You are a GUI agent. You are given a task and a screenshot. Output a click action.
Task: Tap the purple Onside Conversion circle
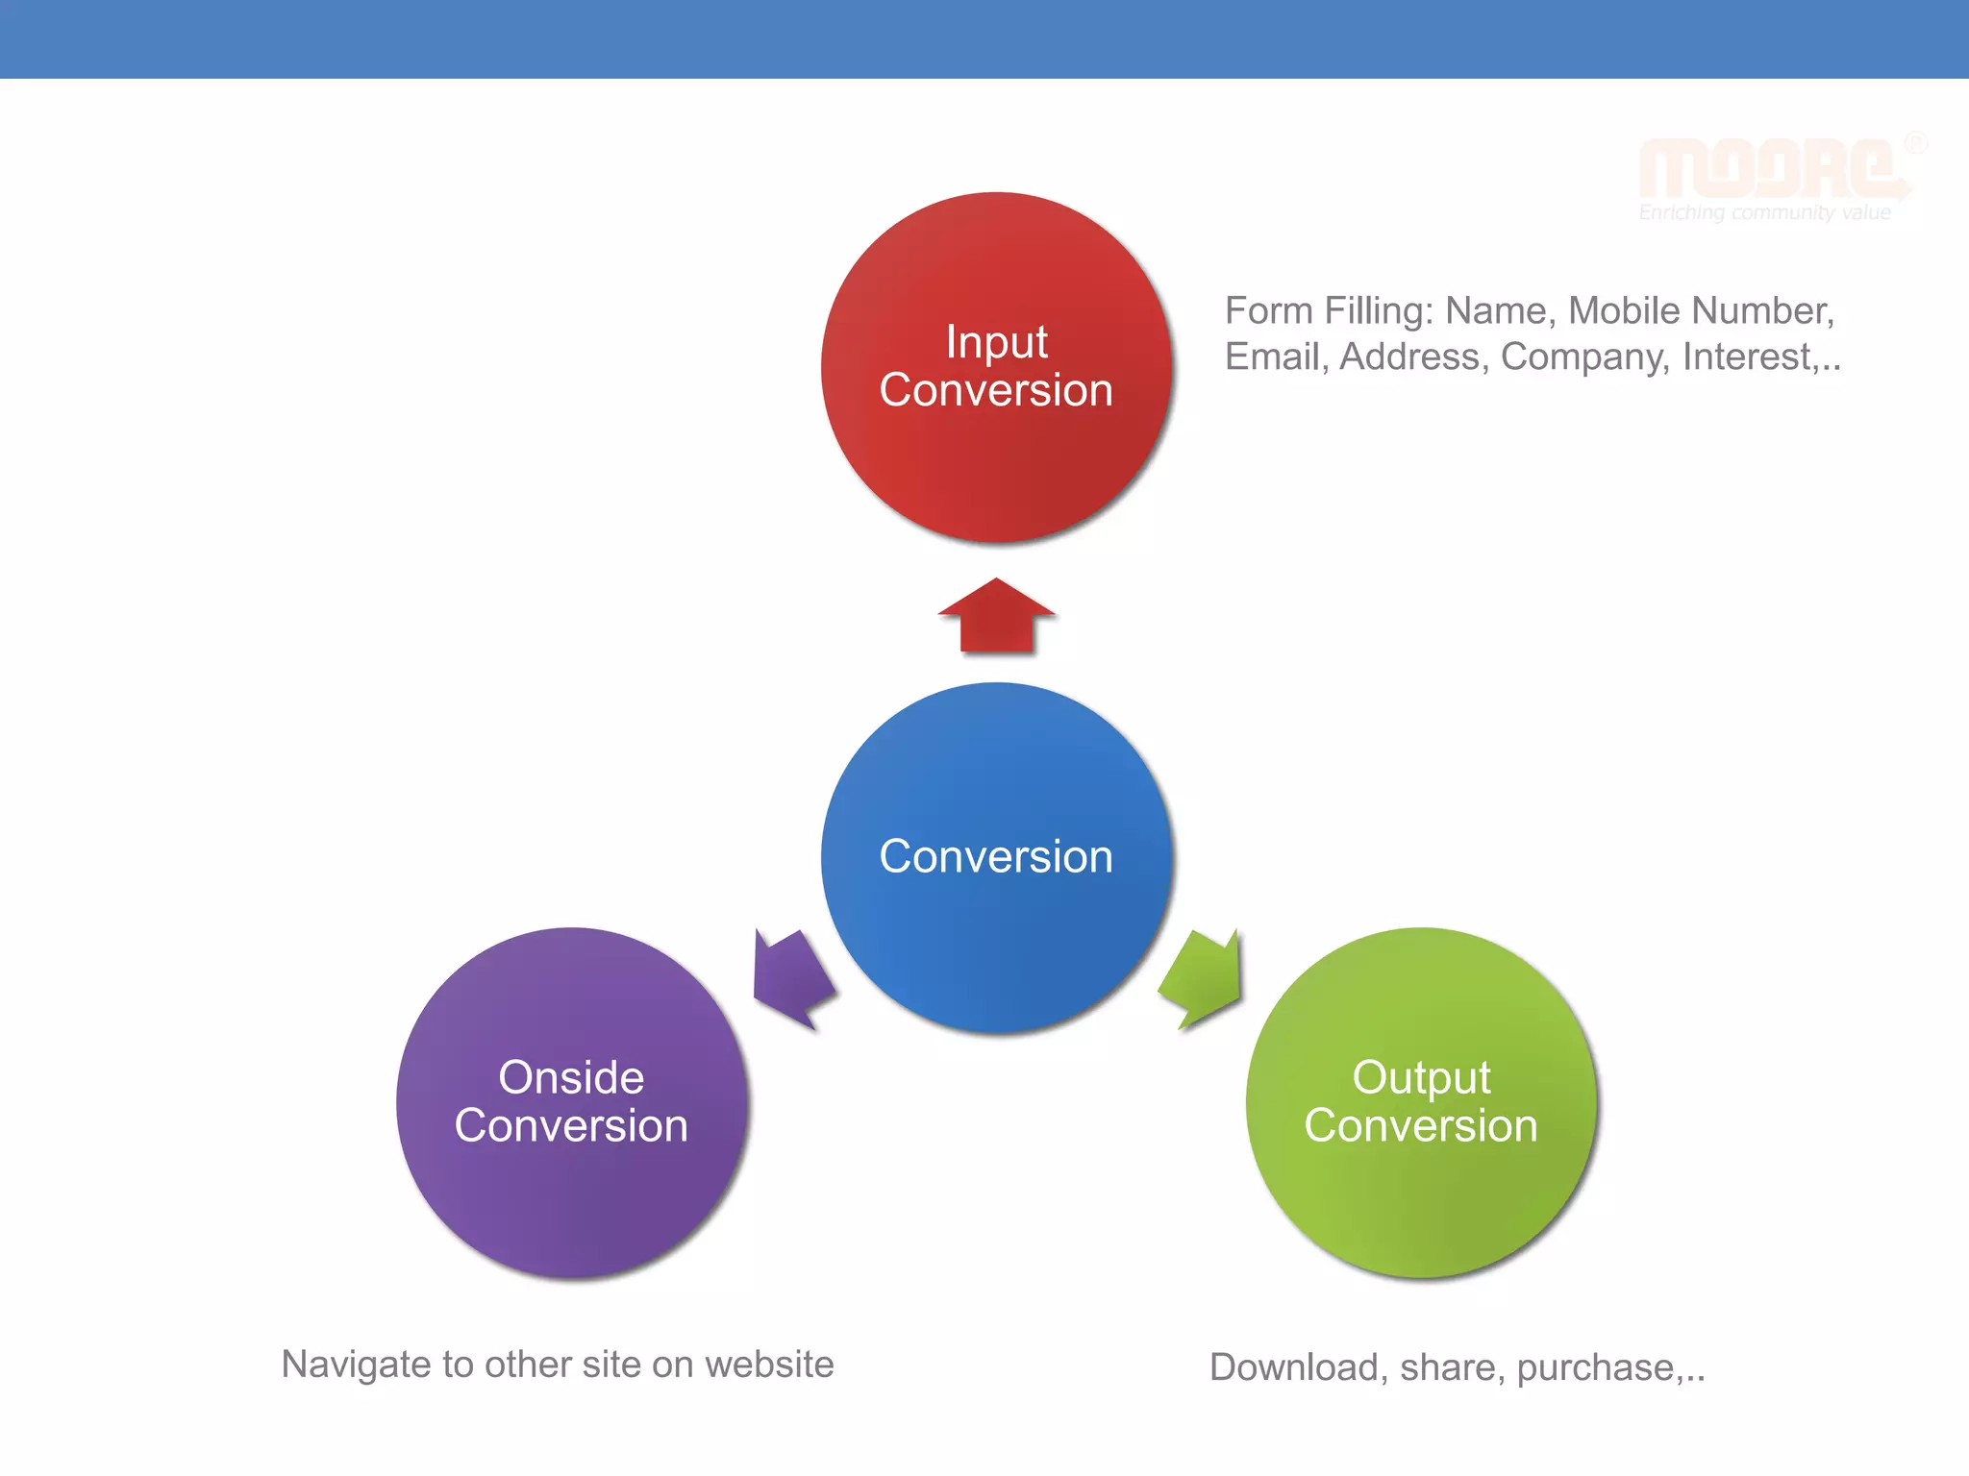click(x=571, y=1201)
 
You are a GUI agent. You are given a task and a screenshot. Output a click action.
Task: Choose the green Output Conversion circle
click(x=1421, y=1201)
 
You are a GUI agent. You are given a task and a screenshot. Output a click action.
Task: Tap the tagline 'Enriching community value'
click(x=1764, y=212)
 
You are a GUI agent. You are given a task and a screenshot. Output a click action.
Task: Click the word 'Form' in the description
click(x=1268, y=311)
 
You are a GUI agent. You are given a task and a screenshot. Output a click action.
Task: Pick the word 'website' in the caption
click(x=769, y=1365)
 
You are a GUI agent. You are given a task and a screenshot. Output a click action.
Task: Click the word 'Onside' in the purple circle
click(x=571, y=1077)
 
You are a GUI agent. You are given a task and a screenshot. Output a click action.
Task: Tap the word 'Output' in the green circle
click(x=1421, y=1078)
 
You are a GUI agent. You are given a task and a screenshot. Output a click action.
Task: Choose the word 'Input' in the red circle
click(x=996, y=342)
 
